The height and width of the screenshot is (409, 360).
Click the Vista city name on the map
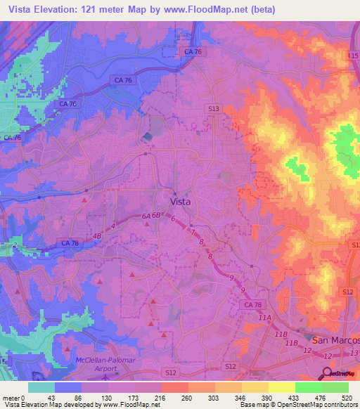(x=182, y=200)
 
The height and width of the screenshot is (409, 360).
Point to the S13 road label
(x=214, y=108)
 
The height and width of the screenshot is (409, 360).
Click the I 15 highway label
(x=352, y=55)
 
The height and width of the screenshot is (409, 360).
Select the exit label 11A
(x=264, y=318)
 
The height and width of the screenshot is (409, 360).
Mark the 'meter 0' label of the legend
(x=14, y=397)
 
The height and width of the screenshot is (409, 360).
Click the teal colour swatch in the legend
(x=41, y=387)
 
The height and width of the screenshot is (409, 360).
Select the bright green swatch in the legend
(x=308, y=387)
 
